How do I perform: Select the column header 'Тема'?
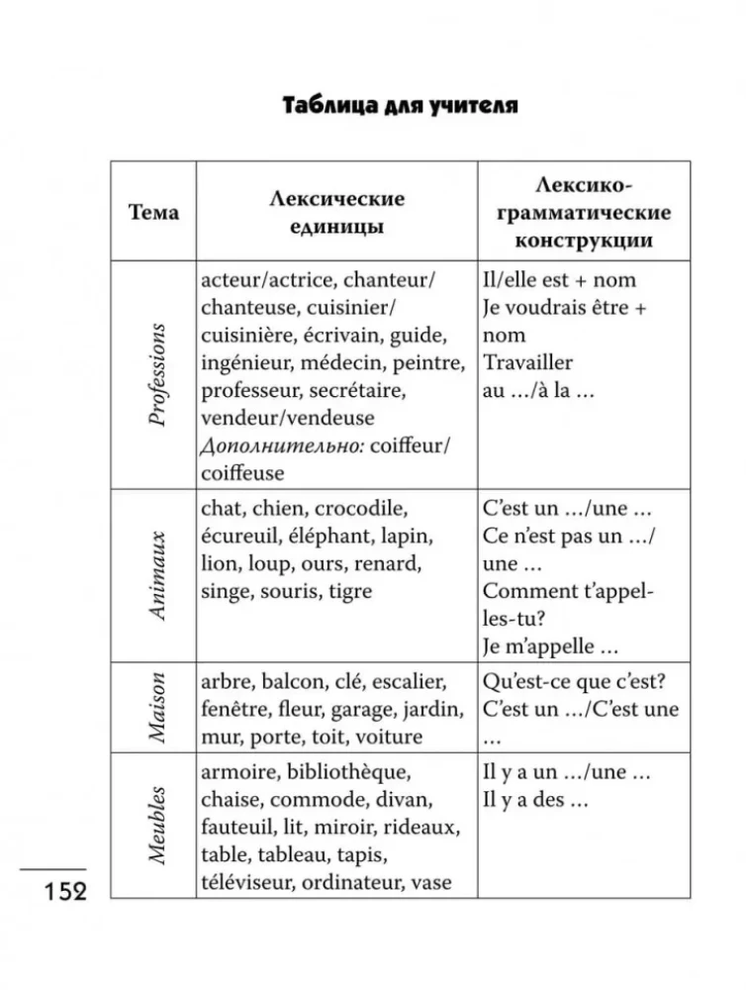[153, 213]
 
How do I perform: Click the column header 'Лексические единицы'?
[336, 212]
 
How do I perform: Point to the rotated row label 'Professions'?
[155, 373]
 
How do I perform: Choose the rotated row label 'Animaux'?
[155, 575]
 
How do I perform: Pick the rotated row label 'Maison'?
[155, 708]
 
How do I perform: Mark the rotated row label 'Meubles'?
[155, 826]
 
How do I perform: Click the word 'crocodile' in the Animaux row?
[359, 509]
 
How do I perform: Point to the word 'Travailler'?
[528, 362]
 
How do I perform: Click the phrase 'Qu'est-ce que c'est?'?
[572, 682]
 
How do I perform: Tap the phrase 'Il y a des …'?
[534, 799]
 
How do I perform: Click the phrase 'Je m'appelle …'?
[550, 646]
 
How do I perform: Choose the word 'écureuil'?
[240, 537]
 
